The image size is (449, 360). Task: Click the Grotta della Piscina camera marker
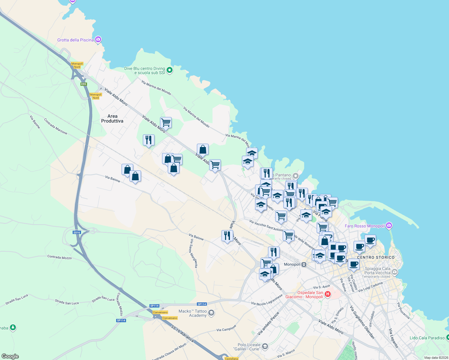pyautogui.click(x=98, y=40)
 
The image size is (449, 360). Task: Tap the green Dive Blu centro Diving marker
pyautogui.click(x=170, y=70)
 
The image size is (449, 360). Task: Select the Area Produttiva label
pyautogui.click(x=112, y=118)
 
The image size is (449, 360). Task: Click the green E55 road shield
pyautogui.click(x=84, y=84)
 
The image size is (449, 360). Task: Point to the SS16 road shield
pyautogui.click(x=77, y=232)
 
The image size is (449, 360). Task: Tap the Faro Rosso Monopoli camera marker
pyautogui.click(x=389, y=225)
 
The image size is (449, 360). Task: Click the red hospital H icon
pyautogui.click(x=328, y=294)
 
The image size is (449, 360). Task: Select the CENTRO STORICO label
pyautogui.click(x=376, y=257)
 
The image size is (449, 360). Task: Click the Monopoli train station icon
pyautogui.click(x=304, y=264)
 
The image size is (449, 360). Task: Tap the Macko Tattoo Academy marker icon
pyautogui.click(x=211, y=313)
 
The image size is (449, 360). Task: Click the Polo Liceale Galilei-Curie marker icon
pyautogui.click(x=265, y=347)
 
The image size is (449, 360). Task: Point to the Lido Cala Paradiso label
pyautogui.click(x=427, y=338)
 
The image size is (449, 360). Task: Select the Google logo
pyautogui.click(x=10, y=356)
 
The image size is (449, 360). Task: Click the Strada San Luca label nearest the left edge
pyautogui.click(x=17, y=299)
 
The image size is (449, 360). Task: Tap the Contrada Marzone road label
pyautogui.click(x=56, y=126)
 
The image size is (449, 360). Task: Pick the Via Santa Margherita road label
pyautogui.click(x=194, y=253)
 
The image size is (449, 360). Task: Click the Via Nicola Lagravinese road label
pyautogui.click(x=267, y=300)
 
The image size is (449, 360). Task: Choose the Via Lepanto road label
pyautogui.click(x=393, y=338)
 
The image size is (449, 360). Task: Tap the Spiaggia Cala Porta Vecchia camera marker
pyautogui.click(x=395, y=272)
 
